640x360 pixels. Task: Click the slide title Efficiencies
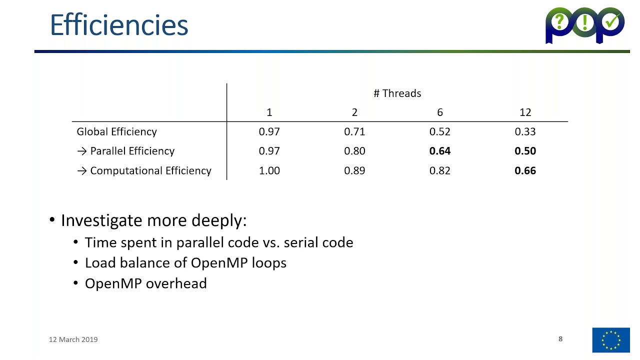[119, 25]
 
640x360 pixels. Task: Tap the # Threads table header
[397, 93]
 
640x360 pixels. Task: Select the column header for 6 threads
[439, 112]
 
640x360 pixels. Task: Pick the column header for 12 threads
[525, 112]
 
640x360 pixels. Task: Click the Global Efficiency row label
[116, 132]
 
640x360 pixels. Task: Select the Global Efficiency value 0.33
[525, 132]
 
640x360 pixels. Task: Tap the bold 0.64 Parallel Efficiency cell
[439, 151]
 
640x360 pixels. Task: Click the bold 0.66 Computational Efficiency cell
[525, 171]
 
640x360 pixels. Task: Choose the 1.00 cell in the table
[269, 171]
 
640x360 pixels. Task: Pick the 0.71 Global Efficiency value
[354, 132]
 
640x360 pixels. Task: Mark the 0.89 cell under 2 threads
[354, 171]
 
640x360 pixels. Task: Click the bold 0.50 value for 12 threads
[525, 151]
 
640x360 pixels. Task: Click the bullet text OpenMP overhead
[145, 283]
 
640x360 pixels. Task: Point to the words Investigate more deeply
[153, 220]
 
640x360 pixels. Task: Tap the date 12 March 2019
[73, 339]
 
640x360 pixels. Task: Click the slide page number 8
[560, 339]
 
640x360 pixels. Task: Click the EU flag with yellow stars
[611, 340]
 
